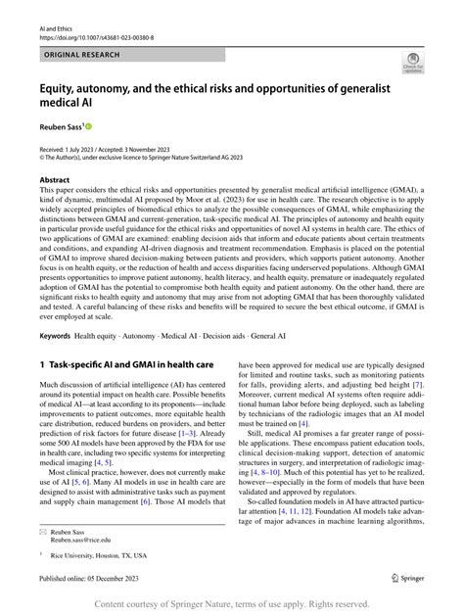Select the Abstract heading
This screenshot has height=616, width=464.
(x=54, y=181)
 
